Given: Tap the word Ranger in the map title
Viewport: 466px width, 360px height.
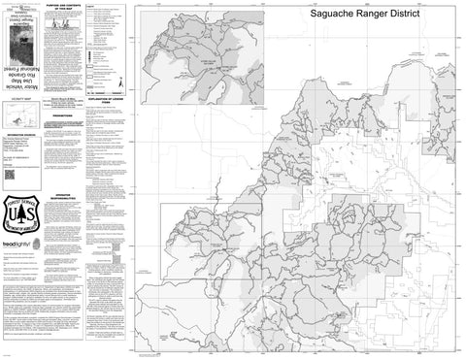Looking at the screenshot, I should [380, 17].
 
